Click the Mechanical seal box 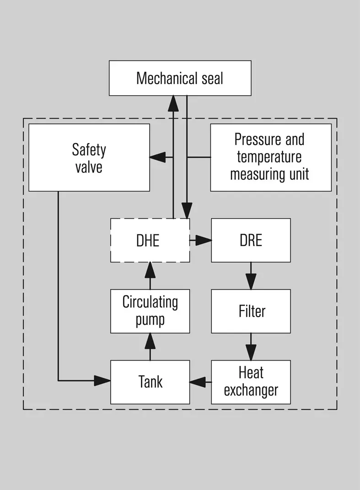pyautogui.click(x=180, y=78)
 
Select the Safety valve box pyautogui.click(x=89, y=157)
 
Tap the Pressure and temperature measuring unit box pyautogui.click(x=271, y=157)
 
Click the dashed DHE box pyautogui.click(x=150, y=240)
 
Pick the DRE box pyautogui.click(x=251, y=240)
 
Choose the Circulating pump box pyautogui.click(x=150, y=311)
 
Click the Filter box pyautogui.click(x=251, y=311)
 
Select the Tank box pyautogui.click(x=150, y=382)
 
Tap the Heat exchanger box pyautogui.click(x=251, y=382)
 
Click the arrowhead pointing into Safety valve pyautogui.click(x=157, y=157)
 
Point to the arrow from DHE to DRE pyautogui.click(x=201, y=240)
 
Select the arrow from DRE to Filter pyautogui.click(x=251, y=276)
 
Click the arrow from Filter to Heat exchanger pyautogui.click(x=251, y=347)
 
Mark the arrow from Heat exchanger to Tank pyautogui.click(x=201, y=382)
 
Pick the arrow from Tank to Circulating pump pyautogui.click(x=150, y=347)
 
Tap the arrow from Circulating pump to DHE pyautogui.click(x=150, y=276)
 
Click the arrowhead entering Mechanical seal pyautogui.click(x=173, y=103)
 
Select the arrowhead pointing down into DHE pyautogui.click(x=187, y=210)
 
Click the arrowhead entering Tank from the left pyautogui.click(x=102, y=381)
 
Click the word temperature pyautogui.click(x=269, y=157)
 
